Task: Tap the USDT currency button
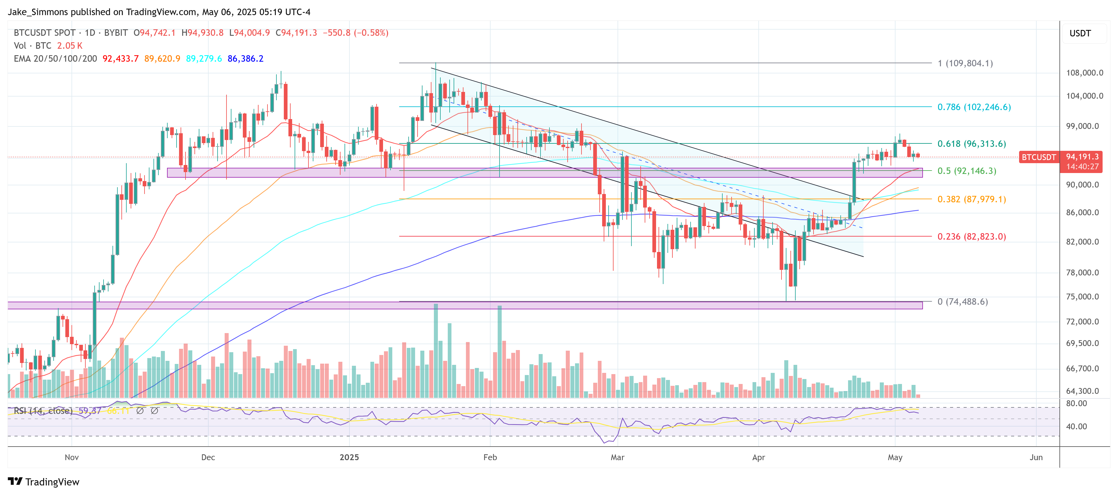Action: [x=1080, y=33]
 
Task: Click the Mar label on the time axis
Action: [x=617, y=457]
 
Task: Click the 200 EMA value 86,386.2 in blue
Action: [x=245, y=59]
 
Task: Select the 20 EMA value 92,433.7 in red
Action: [x=120, y=59]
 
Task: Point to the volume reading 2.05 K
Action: [x=69, y=46]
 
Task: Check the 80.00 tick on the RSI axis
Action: [x=1076, y=403]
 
